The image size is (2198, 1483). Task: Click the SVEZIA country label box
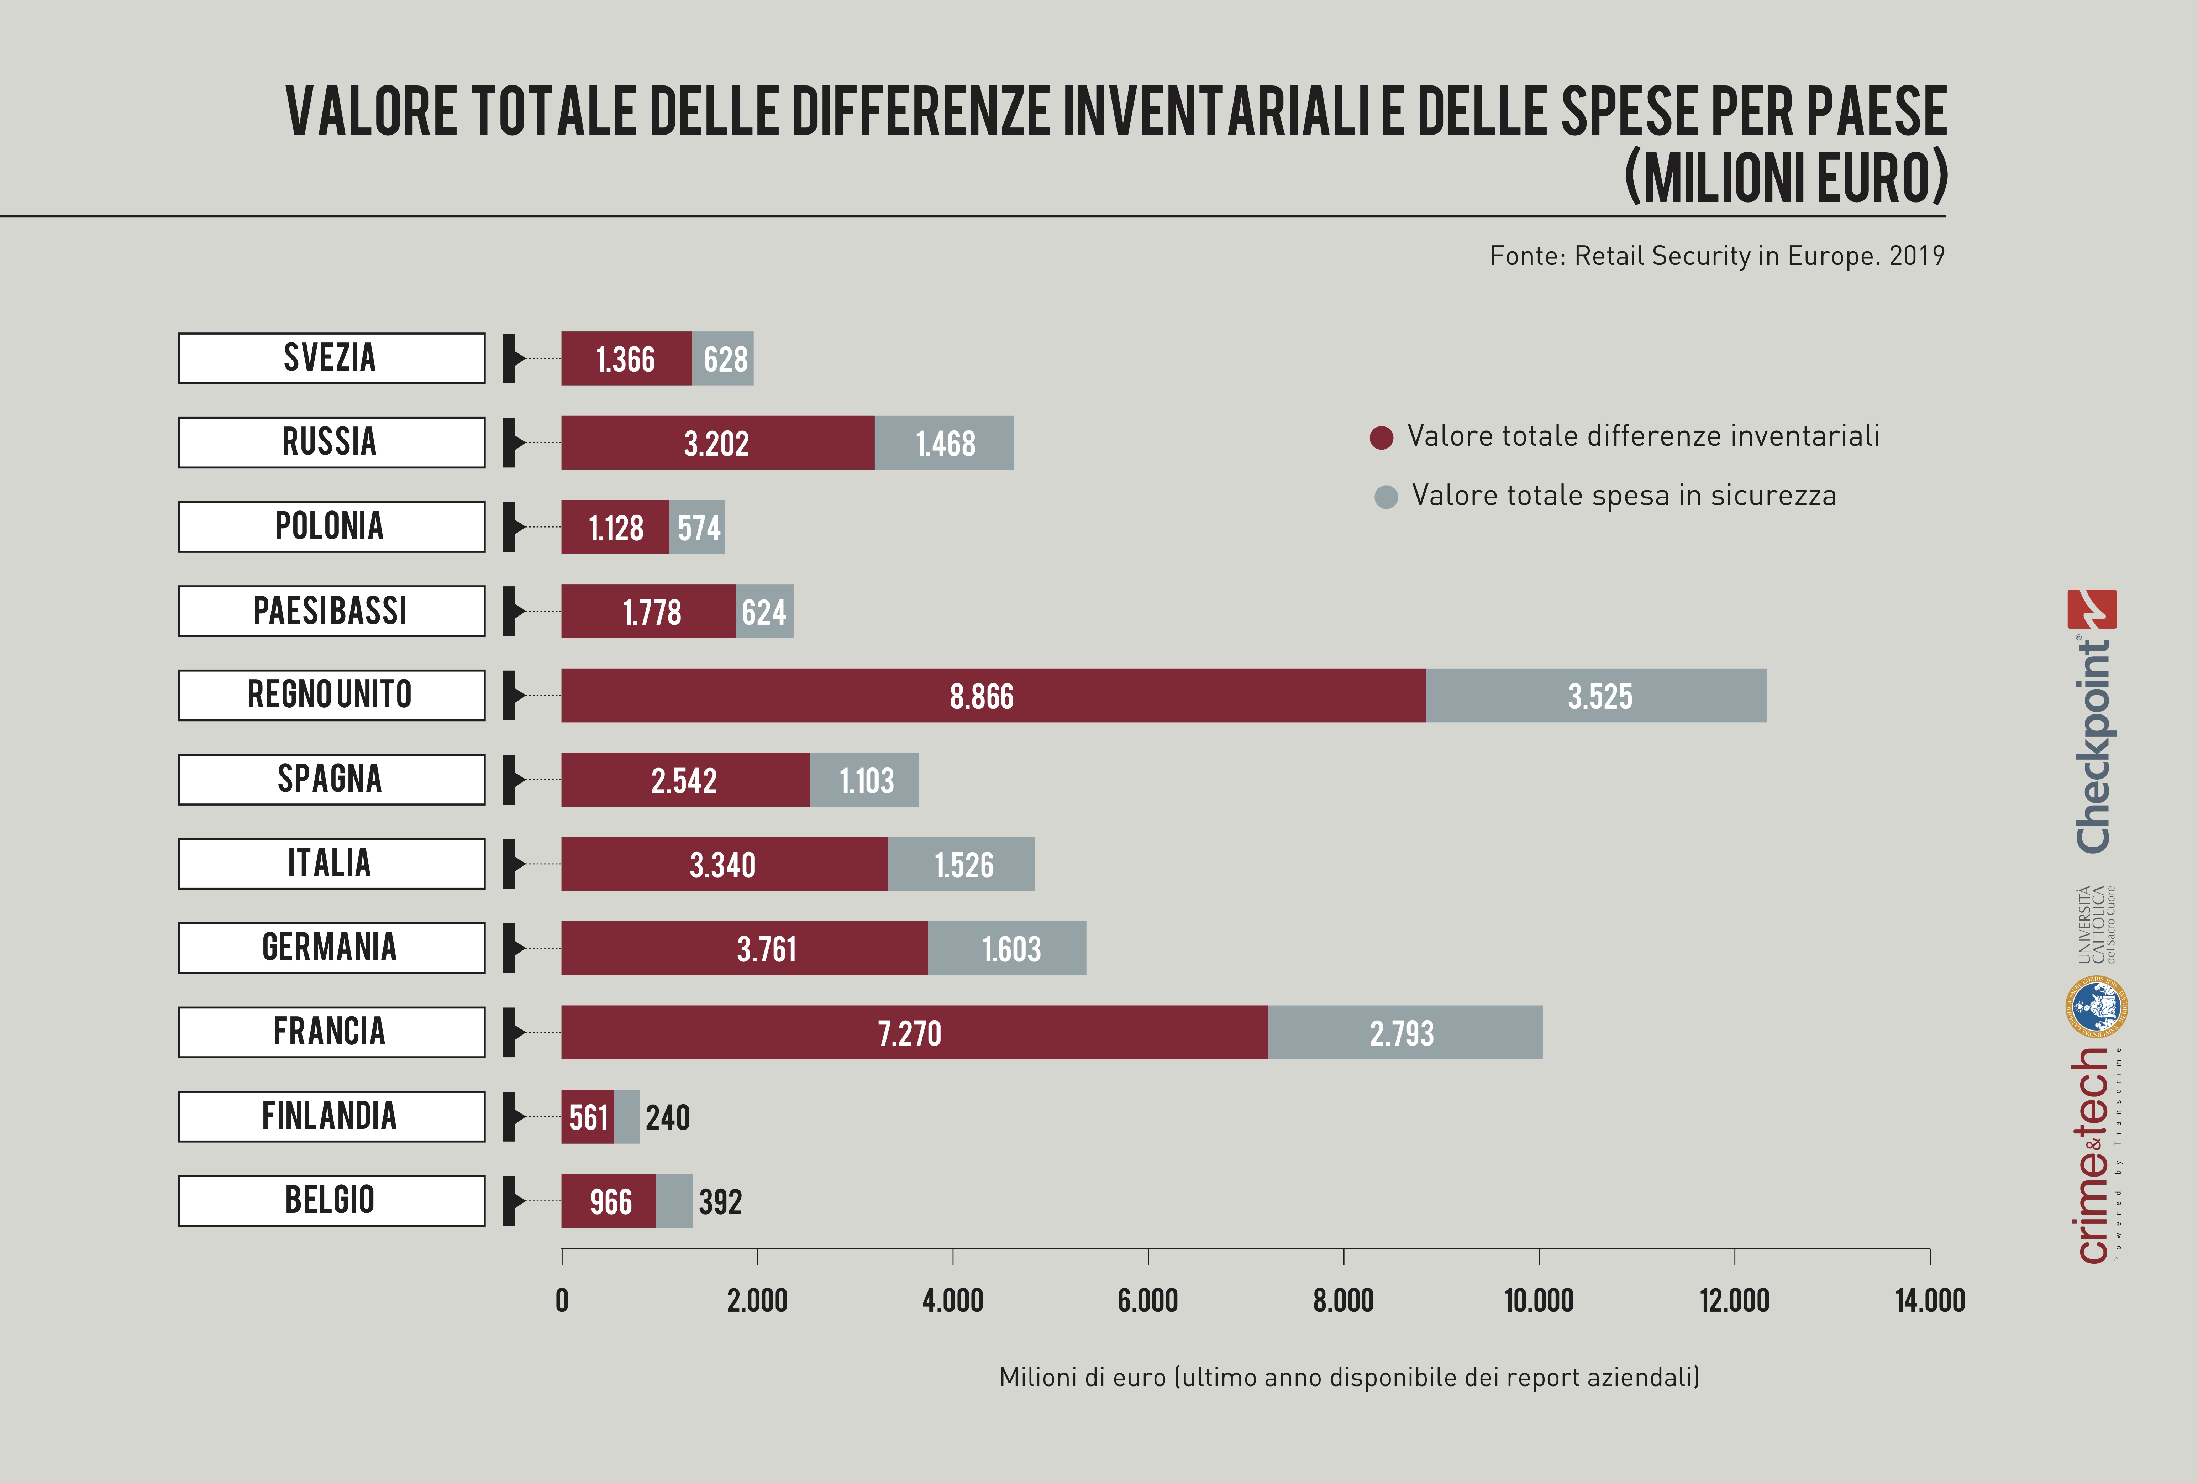coord(331,358)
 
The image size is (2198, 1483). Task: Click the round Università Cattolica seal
coord(2096,1007)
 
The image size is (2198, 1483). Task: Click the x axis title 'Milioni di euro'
coord(1349,1377)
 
